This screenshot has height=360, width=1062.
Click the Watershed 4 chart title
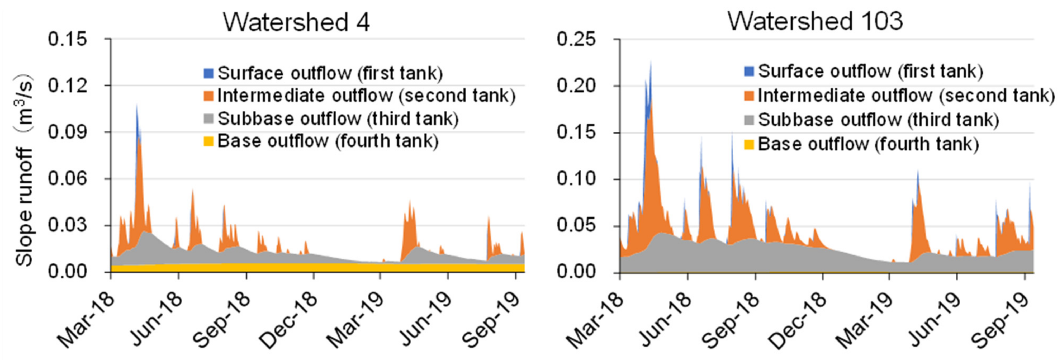point(296,21)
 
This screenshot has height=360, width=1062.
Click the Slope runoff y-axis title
point(24,170)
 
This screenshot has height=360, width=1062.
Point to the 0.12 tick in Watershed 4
point(67,86)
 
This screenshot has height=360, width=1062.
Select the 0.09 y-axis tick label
point(67,132)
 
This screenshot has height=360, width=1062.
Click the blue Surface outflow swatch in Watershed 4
point(208,73)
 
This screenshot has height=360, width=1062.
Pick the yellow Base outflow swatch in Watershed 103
point(749,144)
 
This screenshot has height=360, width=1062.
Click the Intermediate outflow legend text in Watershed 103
point(906,96)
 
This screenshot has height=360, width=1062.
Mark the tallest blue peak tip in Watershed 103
point(651,62)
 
